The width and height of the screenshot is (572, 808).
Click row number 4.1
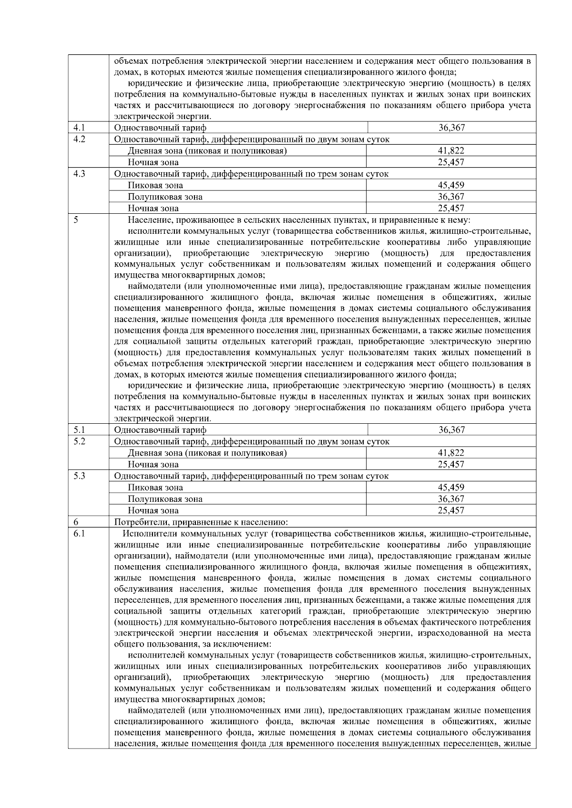click(x=79, y=128)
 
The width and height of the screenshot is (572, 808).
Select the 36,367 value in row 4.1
click(x=451, y=128)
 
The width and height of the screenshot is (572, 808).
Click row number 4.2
click(x=79, y=139)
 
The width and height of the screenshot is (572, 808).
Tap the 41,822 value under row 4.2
click(x=451, y=150)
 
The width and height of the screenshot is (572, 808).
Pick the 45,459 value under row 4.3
click(x=451, y=185)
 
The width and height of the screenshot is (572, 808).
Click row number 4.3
click(x=79, y=174)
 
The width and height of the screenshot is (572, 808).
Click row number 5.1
click(x=79, y=430)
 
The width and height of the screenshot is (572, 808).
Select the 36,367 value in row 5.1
click(x=451, y=430)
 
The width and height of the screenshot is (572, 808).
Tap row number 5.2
click(x=79, y=441)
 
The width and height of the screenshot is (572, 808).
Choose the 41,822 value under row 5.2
click(x=451, y=453)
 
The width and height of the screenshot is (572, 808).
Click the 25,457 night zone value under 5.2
click(x=451, y=464)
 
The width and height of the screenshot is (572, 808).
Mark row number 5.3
click(x=79, y=476)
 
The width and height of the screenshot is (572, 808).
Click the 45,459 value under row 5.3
click(x=451, y=487)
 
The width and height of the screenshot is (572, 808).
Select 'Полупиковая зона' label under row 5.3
click(x=165, y=499)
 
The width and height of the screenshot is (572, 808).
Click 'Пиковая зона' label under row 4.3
click(x=155, y=185)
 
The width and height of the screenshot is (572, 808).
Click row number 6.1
click(x=79, y=533)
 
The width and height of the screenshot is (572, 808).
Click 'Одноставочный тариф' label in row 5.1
click(x=160, y=430)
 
